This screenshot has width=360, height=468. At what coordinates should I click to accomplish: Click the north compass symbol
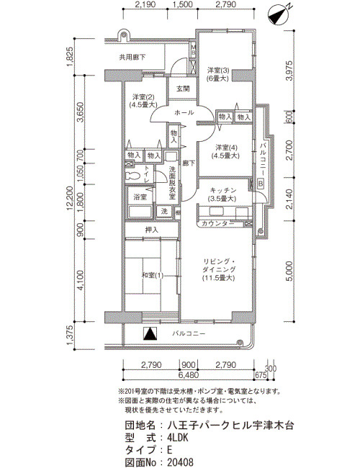coord(279,16)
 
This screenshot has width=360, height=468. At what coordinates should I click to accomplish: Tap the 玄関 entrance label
coord(183,89)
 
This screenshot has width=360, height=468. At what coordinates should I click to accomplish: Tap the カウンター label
coord(218,223)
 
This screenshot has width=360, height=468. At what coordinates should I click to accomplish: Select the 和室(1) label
coord(152,275)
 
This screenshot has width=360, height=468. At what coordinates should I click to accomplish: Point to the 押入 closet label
coord(152,230)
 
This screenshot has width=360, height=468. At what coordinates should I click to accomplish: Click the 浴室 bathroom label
coord(140,197)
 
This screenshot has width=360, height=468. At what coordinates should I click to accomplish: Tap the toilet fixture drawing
coord(132,176)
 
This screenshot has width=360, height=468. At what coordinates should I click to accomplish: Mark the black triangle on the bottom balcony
coord(150,333)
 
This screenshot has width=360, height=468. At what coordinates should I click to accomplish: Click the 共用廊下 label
coord(132,57)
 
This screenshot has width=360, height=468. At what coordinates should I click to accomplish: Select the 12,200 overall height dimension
coord(70,198)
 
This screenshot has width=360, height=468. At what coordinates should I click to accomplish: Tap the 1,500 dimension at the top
coord(182,4)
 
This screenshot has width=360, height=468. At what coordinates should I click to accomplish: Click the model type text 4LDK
coord(178,438)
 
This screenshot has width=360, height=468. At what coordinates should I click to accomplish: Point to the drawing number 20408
coord(180,462)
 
